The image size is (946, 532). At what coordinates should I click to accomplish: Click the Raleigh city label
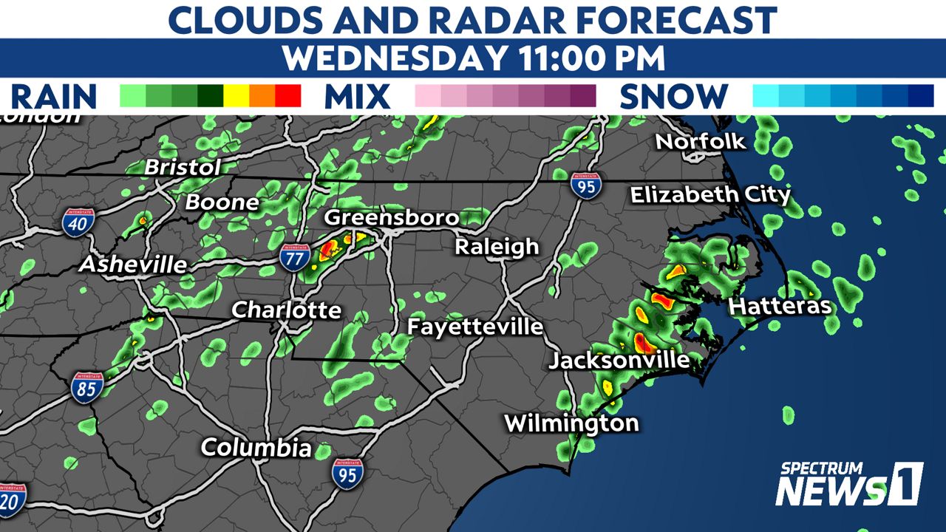[496, 247]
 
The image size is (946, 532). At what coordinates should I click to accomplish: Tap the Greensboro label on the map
[392, 218]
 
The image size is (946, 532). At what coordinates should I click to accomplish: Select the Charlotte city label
[286, 310]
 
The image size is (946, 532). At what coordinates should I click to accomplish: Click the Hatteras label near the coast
[780, 306]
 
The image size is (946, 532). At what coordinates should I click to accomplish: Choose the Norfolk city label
[701, 141]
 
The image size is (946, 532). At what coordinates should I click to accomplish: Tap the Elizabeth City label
[709, 195]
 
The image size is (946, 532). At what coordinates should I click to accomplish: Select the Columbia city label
[256, 447]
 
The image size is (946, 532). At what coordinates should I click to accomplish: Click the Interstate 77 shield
[295, 257]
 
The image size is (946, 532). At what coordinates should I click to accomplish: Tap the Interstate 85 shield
[87, 386]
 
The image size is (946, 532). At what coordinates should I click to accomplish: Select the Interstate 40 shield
[78, 222]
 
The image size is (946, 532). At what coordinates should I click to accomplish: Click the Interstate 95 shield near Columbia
[347, 473]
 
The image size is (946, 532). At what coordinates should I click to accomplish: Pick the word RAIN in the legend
[54, 97]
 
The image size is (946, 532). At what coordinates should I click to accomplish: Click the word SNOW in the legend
[673, 97]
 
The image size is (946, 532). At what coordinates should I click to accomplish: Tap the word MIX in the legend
[357, 97]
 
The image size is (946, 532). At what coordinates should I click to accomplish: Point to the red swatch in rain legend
[288, 96]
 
